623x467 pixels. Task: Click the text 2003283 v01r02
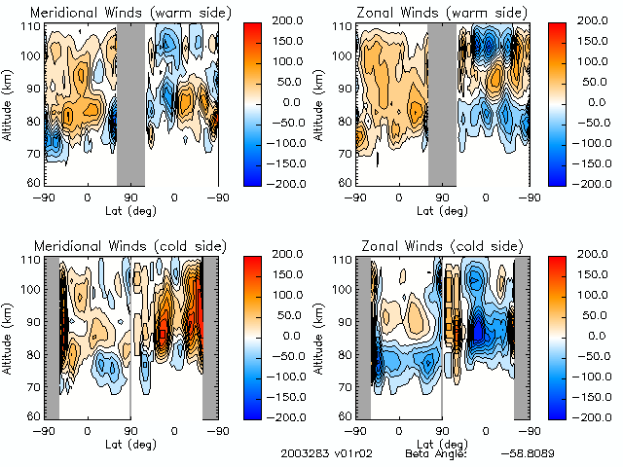(320, 454)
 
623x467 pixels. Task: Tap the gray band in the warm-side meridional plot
(130, 102)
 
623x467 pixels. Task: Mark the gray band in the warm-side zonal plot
(442, 102)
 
